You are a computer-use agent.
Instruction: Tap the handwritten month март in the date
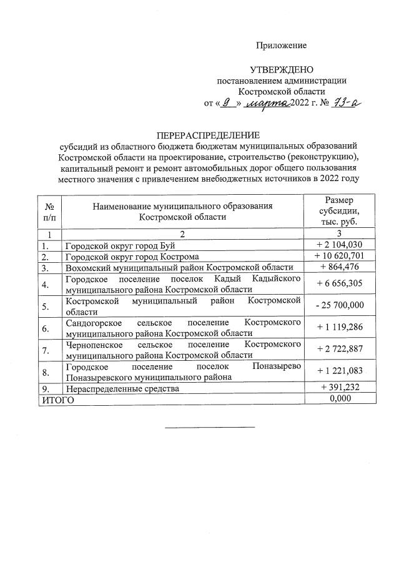[x=267, y=103]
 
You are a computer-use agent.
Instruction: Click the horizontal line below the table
[x=210, y=427]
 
